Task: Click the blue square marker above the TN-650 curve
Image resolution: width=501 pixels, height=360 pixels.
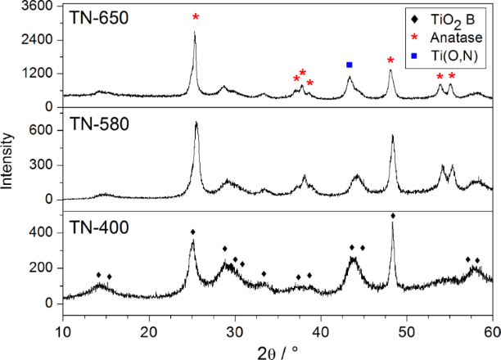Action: point(350,65)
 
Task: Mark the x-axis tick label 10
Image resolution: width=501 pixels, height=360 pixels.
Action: point(63,331)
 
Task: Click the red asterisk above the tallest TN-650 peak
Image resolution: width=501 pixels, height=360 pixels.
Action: point(195,17)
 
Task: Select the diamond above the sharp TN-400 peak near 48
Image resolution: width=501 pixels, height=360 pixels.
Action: point(393,216)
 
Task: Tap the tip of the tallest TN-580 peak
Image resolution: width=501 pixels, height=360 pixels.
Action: point(196,123)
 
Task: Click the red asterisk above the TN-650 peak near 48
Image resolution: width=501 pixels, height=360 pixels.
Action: point(390,60)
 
